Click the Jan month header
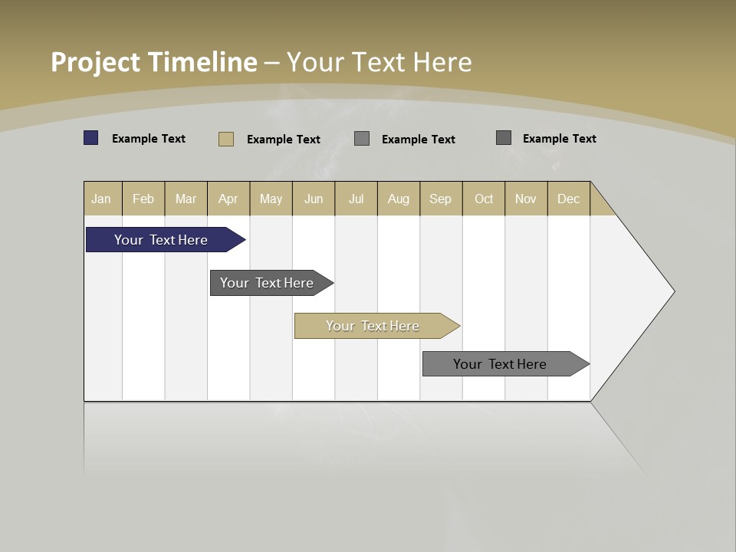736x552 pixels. tap(102, 199)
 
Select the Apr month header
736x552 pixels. tap(228, 199)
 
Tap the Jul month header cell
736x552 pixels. tap(356, 199)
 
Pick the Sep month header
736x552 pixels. tap(440, 199)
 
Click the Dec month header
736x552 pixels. tap(568, 199)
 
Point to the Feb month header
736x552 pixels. tap(143, 199)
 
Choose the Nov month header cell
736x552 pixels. tap(525, 199)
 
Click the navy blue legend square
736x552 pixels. tap(91, 138)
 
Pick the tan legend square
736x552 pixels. tap(226, 139)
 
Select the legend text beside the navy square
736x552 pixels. tap(149, 139)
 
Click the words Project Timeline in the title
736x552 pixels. tap(153, 62)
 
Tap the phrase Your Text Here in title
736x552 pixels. tap(379, 62)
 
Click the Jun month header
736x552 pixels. tap(314, 199)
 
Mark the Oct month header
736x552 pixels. tap(484, 199)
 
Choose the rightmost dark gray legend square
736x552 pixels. tap(504, 138)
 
